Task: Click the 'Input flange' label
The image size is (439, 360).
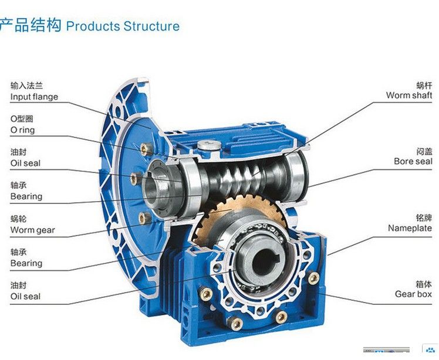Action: tap(34, 97)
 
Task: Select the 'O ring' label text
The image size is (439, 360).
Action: tap(22, 130)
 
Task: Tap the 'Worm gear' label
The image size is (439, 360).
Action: tap(32, 230)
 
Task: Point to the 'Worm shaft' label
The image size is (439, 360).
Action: tap(409, 95)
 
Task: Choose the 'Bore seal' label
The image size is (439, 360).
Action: tap(413, 161)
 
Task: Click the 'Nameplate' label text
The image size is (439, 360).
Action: tap(410, 228)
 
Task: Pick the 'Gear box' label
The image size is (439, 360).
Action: tap(413, 294)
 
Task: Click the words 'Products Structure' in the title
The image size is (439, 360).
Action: tap(123, 26)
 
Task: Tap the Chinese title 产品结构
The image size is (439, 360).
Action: tap(31, 25)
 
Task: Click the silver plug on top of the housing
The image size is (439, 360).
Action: tap(209, 145)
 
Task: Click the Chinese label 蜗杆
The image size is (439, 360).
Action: tap(424, 85)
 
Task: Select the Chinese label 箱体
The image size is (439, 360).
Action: tap(424, 284)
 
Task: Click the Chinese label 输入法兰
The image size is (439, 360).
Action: tap(26, 86)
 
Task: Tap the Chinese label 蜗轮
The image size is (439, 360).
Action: tap(18, 219)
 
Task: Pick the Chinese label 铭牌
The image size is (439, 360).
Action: tap(424, 218)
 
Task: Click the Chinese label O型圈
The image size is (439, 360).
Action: tap(22, 119)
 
